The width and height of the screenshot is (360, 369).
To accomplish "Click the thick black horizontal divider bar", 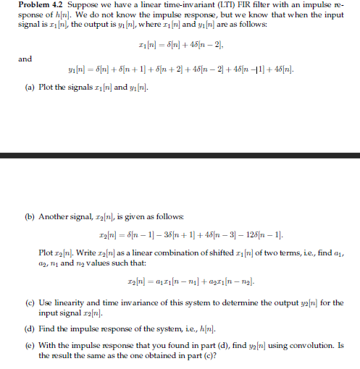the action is pos(180,155).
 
